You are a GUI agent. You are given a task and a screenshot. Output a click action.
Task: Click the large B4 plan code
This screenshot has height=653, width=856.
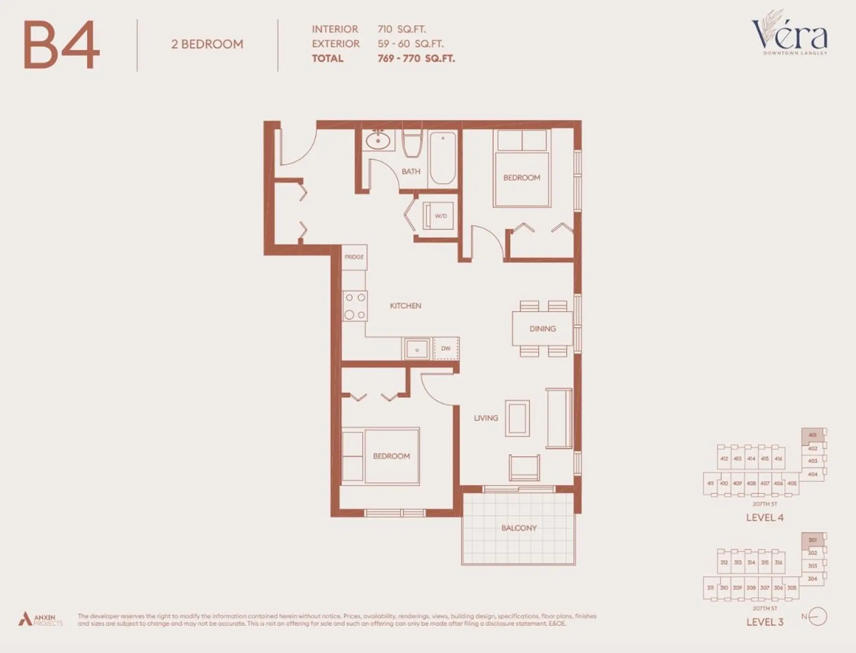coord(62,45)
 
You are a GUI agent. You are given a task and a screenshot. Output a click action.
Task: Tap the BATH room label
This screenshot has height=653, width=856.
coord(411,171)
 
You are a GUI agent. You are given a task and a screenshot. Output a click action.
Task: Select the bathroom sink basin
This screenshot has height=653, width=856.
coord(378,141)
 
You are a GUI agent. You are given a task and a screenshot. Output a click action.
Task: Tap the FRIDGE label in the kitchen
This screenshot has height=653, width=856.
coord(354,257)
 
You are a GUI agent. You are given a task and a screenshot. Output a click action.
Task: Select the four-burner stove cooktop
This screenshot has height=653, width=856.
coord(355,306)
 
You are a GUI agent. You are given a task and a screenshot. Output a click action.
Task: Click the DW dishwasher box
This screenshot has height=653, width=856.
coord(446,348)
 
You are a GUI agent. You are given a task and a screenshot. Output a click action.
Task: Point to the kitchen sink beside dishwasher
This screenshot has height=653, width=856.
coord(417,349)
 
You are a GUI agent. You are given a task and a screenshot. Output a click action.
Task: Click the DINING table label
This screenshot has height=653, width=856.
coord(542,329)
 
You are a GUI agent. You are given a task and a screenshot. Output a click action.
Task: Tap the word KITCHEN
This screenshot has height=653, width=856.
coord(405,306)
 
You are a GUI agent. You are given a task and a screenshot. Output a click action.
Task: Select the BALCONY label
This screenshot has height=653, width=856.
coord(519,528)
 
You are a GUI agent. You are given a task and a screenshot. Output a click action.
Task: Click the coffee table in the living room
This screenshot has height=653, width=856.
coord(517,418)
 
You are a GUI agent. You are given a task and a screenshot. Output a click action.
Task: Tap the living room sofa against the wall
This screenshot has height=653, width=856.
coord(559,418)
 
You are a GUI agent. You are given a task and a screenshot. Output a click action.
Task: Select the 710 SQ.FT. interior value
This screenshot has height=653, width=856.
coord(401,29)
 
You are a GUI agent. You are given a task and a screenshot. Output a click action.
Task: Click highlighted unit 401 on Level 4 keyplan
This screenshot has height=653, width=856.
coord(812,435)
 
